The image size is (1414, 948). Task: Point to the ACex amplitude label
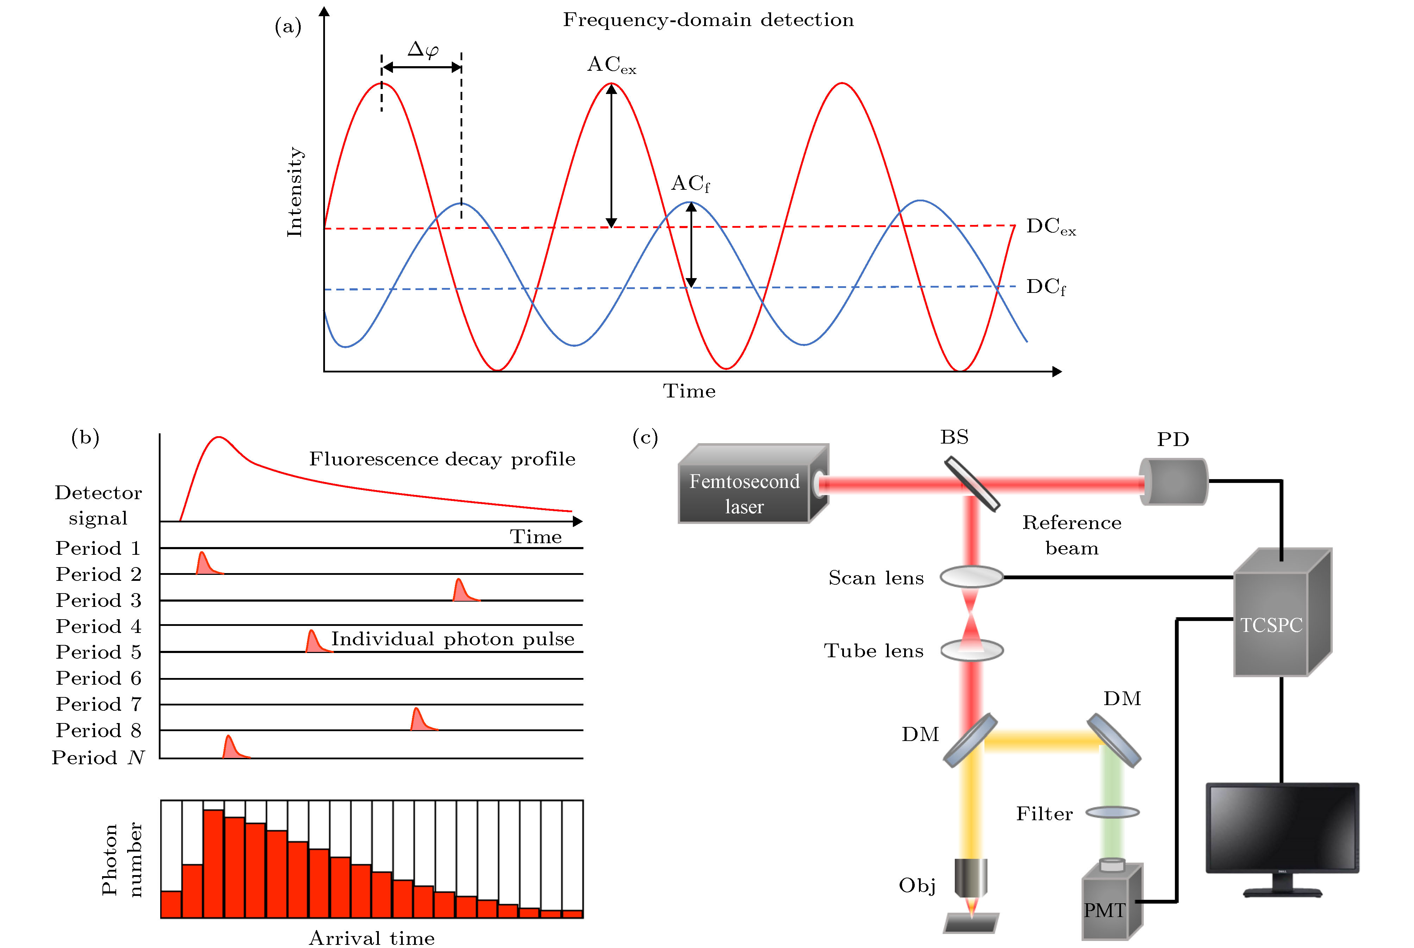611,65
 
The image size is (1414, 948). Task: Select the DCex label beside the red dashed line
1050,227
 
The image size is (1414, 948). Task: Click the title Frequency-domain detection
708,20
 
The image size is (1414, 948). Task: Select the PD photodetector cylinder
1173,481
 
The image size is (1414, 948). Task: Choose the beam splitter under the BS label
972,484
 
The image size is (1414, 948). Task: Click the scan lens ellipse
971,577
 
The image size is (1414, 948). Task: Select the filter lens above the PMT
1112,812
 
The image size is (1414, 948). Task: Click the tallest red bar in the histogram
213,864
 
